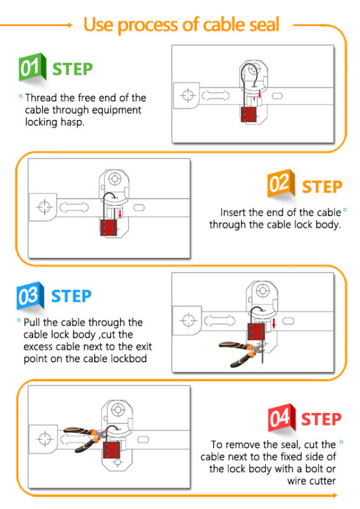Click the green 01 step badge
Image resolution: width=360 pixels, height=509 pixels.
tap(32, 67)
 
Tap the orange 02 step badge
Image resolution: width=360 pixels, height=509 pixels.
tap(281, 183)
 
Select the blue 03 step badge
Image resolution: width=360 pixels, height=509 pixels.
tap(30, 295)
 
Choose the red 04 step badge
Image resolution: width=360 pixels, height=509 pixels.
tap(282, 417)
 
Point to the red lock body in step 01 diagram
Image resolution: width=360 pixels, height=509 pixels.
tap(250, 114)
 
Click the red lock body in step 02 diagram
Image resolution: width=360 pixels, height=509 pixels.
tap(109, 227)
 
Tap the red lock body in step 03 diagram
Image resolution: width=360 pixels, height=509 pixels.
tap(256, 331)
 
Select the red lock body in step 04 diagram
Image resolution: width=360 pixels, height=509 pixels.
tap(112, 449)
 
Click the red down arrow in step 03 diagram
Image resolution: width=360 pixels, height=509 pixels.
tap(274, 323)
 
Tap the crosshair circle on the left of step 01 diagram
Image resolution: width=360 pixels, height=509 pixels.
tap(188, 95)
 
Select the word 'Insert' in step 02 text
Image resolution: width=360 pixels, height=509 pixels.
tap(233, 212)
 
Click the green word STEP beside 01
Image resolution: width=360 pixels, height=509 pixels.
tap(73, 69)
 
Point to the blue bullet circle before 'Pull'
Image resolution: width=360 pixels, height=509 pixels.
tap(19, 321)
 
